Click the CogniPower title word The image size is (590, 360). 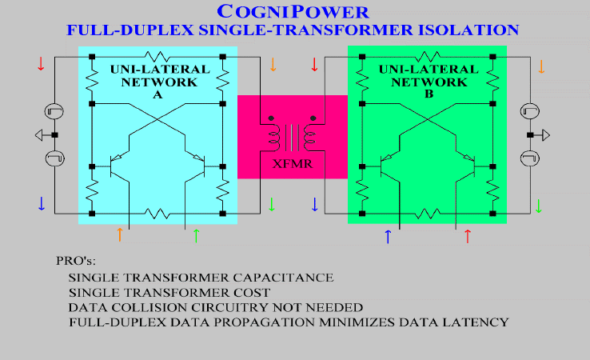[x=293, y=12]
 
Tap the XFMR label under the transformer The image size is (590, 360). [x=293, y=164]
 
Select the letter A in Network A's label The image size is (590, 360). [x=157, y=94]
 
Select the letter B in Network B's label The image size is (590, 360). [x=429, y=94]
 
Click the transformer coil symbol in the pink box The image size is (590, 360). [x=293, y=136]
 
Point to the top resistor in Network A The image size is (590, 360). [x=157, y=57]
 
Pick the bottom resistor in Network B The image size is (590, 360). [x=428, y=214]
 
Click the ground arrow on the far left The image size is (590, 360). [x=38, y=135]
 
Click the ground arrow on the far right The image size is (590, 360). [x=545, y=135]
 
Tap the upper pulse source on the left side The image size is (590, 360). [x=54, y=111]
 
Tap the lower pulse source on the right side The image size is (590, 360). [x=530, y=158]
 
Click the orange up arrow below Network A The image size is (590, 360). [x=120, y=234]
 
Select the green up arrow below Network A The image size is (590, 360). [x=196, y=236]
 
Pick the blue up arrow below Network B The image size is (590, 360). [x=388, y=237]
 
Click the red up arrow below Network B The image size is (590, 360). [x=468, y=236]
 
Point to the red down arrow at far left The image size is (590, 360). [x=41, y=64]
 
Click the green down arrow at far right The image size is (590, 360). [x=539, y=206]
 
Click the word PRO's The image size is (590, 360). [x=76, y=261]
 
